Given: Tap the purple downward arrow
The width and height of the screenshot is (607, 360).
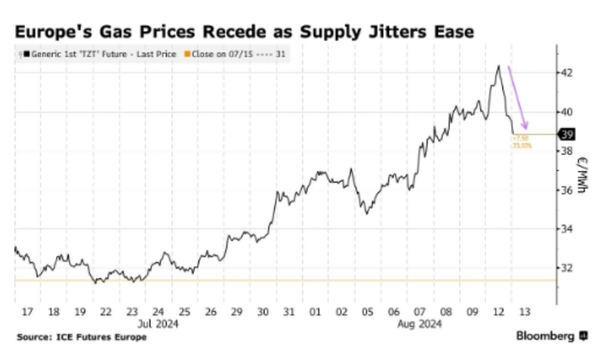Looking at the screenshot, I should tap(519, 98).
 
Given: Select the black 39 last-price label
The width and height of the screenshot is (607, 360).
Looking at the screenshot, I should tap(567, 133).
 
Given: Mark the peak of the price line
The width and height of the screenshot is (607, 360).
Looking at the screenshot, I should tap(498, 66).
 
